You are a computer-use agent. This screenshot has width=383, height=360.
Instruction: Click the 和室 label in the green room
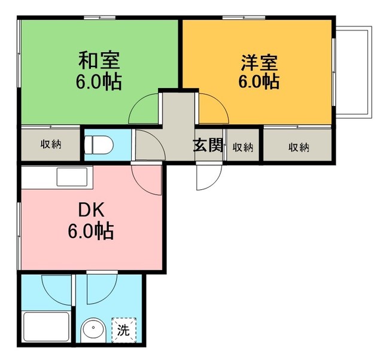tap(99, 60)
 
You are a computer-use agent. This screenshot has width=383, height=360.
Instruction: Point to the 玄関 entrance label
tap(208, 146)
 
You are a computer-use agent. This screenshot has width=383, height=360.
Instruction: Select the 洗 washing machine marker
tap(124, 329)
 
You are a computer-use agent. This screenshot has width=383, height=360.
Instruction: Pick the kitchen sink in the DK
tap(72, 178)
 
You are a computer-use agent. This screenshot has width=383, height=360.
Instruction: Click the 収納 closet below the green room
tap(51, 144)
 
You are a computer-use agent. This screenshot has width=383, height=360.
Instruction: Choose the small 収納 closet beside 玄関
tap(242, 146)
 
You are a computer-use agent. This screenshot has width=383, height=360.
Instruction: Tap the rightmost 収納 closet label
tap(299, 146)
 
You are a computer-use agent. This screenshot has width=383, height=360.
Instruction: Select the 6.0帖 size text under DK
tap(92, 231)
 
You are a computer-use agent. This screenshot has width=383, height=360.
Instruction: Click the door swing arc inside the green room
tap(144, 111)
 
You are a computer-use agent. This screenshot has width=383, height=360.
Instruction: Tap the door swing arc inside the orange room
tap(213, 110)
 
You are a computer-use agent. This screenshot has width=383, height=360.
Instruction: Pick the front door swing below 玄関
tap(208, 176)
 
